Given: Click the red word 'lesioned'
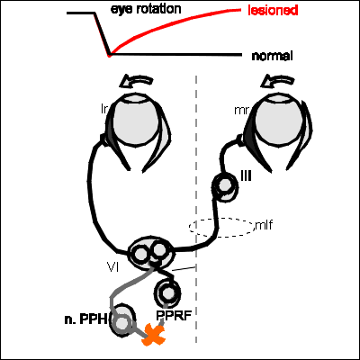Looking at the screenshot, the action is point(273,11).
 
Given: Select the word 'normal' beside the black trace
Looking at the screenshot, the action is point(272,56).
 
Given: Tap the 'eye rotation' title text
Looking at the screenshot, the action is point(146,9).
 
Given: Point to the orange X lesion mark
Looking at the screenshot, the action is point(154,335).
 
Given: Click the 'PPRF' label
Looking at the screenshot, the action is point(174,316).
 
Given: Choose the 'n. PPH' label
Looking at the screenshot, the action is point(85,319).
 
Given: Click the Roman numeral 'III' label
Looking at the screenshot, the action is point(246,176).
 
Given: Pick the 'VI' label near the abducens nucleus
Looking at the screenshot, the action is point(112,266).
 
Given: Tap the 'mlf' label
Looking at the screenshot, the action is point(264,225).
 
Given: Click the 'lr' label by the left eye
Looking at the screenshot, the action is point(104,109).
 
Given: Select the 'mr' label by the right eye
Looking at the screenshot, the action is point(241,111).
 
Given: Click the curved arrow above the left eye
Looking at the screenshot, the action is point(136,81).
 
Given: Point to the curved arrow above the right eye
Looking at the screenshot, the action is point(277,81).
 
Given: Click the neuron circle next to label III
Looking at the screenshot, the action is point(224,185).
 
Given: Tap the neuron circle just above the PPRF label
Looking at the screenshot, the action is point(167,292).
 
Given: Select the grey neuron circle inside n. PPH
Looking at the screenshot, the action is point(121,323).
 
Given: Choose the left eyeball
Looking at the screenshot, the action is point(137,119).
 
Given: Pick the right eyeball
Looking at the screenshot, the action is point(279,119).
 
